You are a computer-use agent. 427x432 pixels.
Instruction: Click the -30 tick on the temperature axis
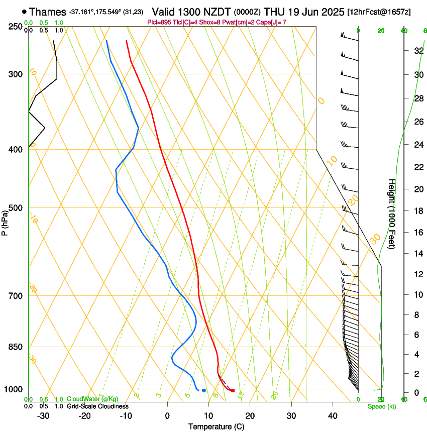43,415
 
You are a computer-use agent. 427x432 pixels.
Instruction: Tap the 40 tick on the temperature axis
332,415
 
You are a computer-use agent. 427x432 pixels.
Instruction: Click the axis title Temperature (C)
216,426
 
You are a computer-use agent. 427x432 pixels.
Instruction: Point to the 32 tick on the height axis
417,51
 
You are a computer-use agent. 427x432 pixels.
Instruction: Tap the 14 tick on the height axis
417,254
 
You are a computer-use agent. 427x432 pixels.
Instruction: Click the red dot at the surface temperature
233,390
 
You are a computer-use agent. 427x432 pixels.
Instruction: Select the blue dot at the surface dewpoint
203,390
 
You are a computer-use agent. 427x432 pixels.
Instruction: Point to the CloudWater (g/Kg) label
92,399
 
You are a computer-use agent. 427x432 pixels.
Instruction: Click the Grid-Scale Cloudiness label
97,406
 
